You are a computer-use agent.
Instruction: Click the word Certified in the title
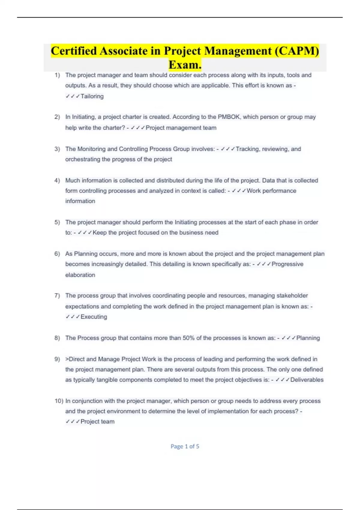point(74,51)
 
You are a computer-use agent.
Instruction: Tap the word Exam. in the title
point(185,64)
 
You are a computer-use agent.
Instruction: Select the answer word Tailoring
point(92,96)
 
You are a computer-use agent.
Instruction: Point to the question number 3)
point(57,149)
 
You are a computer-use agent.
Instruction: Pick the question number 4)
point(57,181)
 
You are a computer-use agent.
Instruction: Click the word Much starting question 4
point(72,181)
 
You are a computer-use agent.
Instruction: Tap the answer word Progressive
point(287,264)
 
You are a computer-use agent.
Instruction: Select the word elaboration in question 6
point(80,275)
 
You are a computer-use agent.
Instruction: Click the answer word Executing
point(94,317)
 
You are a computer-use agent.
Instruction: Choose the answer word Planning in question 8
point(308,338)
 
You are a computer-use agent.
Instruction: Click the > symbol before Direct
point(67,359)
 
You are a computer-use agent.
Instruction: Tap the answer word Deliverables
point(307,380)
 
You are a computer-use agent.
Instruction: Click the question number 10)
point(59,401)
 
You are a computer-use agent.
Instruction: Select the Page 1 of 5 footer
point(185,446)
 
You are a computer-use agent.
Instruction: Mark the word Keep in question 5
point(100,233)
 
